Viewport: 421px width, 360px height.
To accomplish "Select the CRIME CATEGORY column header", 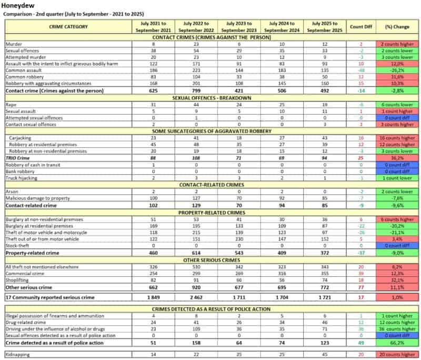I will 68,26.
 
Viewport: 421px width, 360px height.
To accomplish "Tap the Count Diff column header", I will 362,26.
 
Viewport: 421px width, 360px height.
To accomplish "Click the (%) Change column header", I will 398,26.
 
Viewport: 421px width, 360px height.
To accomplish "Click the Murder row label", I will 13,44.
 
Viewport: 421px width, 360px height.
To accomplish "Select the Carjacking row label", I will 19,137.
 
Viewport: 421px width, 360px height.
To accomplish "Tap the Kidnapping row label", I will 18,354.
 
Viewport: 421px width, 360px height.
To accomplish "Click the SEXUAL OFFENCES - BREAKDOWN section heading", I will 210,98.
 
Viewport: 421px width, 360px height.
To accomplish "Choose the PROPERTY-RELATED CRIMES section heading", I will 210,213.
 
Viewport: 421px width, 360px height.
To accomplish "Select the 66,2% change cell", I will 398,343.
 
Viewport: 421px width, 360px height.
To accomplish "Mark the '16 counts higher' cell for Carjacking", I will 398,137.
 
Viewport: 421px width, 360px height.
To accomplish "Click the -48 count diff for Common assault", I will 362,69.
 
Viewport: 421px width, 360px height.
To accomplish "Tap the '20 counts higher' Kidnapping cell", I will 398,354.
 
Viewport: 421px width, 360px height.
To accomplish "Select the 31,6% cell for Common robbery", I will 398,76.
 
